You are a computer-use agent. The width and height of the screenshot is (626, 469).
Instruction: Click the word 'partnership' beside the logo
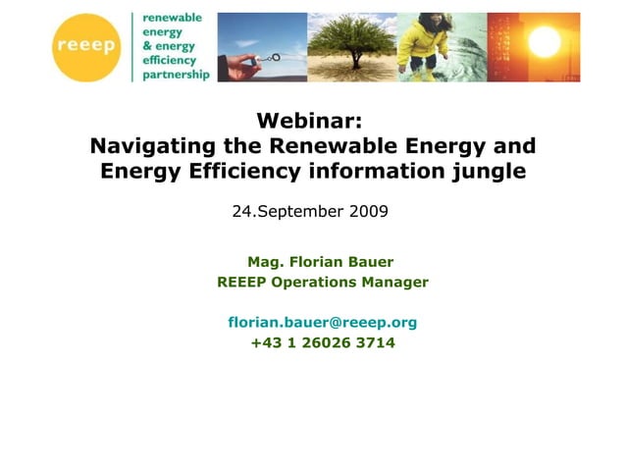coord(176,75)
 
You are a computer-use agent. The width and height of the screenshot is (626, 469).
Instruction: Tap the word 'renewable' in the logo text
coord(172,19)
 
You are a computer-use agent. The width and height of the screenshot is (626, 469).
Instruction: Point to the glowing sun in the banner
coord(544,40)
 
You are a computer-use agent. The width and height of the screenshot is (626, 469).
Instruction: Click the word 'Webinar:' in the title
coord(309,121)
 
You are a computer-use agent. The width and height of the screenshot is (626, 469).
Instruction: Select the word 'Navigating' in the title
coord(152,146)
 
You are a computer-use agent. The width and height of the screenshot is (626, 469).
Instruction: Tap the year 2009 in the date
coord(367,211)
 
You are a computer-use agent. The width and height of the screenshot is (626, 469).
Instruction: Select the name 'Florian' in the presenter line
coord(318,262)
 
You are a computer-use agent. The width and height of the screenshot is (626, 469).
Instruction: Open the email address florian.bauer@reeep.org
coord(323,322)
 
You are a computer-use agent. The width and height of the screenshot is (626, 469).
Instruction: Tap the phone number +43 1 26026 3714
coord(323,342)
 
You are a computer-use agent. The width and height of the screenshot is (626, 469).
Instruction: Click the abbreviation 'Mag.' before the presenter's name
coord(265,262)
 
